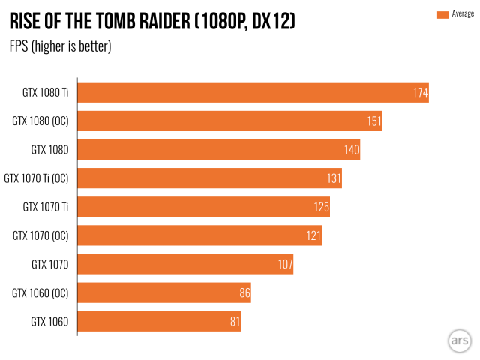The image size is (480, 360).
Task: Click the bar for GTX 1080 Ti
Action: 253,93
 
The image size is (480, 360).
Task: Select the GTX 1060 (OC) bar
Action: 164,292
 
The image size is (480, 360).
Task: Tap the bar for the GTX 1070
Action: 185,264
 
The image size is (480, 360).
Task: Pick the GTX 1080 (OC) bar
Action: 230,121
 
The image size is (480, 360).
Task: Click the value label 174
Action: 419,93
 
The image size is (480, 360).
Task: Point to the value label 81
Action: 234,322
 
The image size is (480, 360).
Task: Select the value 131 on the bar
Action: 333,178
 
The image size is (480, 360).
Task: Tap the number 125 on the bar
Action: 322,207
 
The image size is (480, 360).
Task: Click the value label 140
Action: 352,150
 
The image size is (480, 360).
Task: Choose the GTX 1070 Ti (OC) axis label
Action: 37,178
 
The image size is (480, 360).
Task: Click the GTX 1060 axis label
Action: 49,322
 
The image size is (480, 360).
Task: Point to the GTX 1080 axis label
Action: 49,150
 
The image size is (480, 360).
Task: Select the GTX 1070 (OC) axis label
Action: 40,235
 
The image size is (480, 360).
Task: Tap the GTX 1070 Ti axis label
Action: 46,207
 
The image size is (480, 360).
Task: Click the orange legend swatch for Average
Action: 442,14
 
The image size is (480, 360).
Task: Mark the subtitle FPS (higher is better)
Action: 60,46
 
